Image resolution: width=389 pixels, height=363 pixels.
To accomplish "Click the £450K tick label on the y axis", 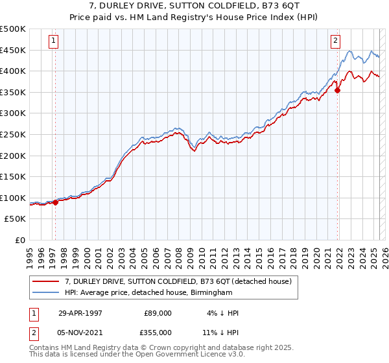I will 13,50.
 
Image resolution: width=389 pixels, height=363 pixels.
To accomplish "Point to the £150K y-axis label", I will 13,176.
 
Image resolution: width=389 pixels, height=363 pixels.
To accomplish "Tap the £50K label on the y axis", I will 16,219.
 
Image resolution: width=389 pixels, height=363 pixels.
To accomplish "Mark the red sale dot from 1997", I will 56,202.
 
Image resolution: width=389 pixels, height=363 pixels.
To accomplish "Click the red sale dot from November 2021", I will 337,90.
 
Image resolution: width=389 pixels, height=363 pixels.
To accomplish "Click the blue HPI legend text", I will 148,293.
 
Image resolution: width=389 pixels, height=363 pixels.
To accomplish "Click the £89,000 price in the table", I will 158,312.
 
